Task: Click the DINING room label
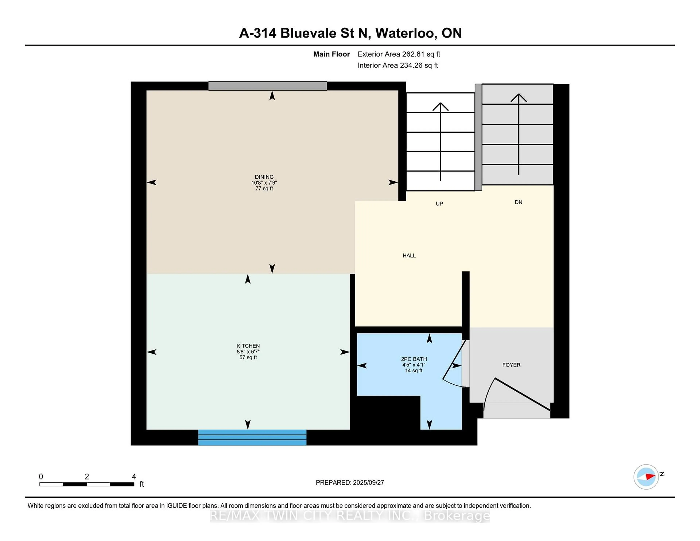click(264, 177)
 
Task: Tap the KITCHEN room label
click(248, 346)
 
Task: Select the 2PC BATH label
click(414, 359)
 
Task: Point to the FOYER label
click(511, 365)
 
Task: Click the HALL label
click(409, 255)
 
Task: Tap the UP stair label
click(439, 204)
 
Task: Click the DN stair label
click(518, 202)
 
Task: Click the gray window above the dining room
click(268, 86)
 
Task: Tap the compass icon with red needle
click(646, 477)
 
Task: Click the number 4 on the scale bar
click(134, 477)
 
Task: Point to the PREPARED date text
click(350, 483)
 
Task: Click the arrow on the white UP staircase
click(440, 141)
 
